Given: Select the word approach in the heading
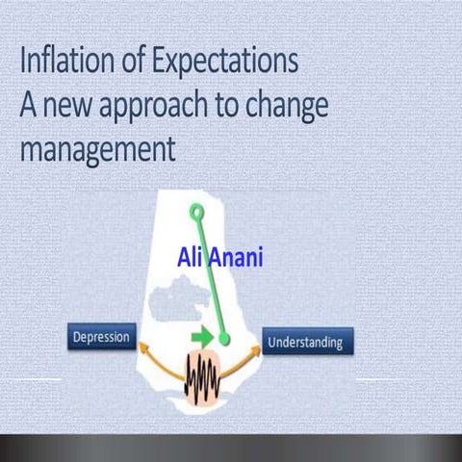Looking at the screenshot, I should [155, 107].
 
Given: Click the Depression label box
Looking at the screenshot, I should [102, 337].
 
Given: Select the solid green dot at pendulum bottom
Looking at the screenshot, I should [224, 339].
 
